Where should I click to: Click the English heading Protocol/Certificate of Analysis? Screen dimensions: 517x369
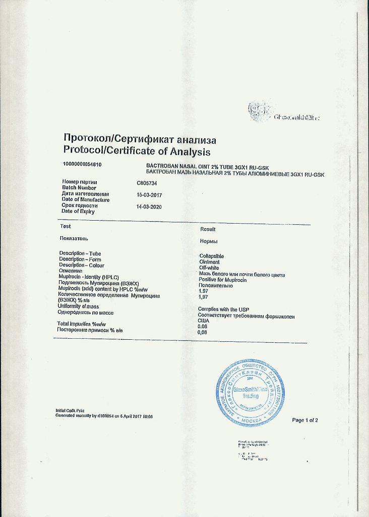click(137, 151)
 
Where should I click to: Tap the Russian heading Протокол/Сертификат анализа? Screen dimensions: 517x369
click(140, 139)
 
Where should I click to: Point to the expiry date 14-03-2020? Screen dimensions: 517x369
click(149, 206)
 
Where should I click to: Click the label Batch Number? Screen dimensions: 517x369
click(79, 188)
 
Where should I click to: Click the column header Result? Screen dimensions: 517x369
click(208, 229)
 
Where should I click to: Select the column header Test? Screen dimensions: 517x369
click(65, 227)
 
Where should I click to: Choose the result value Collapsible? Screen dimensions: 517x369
click(215, 256)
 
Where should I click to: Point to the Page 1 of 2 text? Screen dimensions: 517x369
click(305, 420)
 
